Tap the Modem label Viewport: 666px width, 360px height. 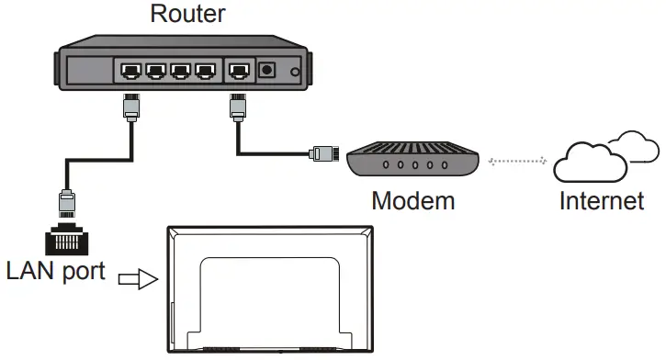pos(412,199)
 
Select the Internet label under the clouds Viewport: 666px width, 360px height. pos(602,199)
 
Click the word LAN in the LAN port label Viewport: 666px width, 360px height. pos(32,272)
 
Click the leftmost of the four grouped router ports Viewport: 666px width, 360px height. pos(129,70)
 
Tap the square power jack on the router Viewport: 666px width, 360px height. pos(269,70)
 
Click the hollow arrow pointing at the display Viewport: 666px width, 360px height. pos(141,278)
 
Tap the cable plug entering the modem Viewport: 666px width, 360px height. pos(322,152)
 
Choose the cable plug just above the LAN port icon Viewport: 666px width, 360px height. pos(66,201)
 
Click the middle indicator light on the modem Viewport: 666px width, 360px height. pos(415,166)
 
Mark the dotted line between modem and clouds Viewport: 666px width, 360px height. pos(519,162)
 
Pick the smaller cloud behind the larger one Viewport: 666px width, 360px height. pos(636,143)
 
